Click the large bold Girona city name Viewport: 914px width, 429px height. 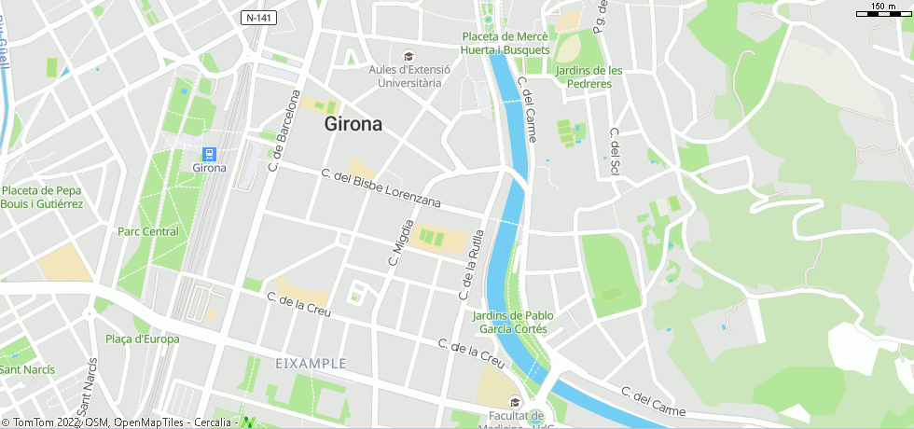coord(353,124)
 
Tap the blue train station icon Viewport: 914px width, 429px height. coord(210,154)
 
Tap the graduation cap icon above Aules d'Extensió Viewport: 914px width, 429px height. coord(408,56)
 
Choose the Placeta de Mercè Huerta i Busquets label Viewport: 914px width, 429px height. coord(506,43)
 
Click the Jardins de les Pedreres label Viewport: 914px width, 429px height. coord(589,76)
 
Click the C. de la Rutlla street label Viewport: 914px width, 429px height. coord(472,264)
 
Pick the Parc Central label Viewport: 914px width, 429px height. coord(147,231)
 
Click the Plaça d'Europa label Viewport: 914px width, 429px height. coord(143,339)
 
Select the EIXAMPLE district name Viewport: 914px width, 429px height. coord(311,363)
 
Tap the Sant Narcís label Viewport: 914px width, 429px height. coord(27,369)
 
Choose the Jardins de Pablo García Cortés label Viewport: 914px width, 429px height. coord(513,322)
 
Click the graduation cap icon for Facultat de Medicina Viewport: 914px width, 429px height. coord(515,402)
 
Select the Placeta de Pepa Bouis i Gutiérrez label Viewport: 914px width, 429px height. coord(42,197)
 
